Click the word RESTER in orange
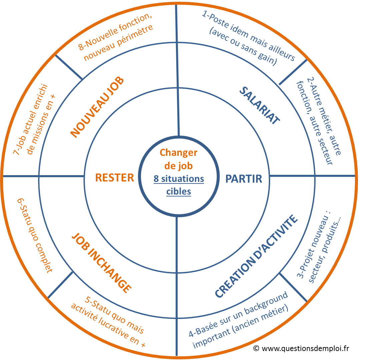pos(115,177)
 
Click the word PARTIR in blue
pos(244,179)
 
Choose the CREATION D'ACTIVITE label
pos(256,257)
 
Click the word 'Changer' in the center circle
pos(178,152)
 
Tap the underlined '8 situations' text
pos(179,179)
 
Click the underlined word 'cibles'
pos(179,192)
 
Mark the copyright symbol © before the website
pos(256,348)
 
